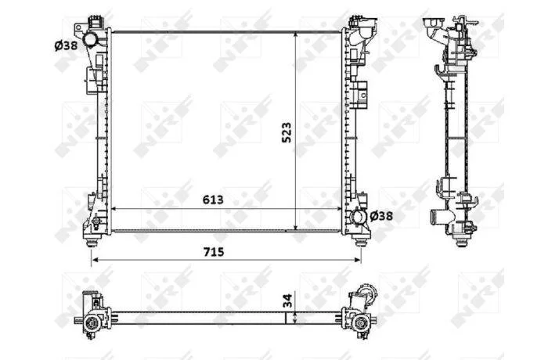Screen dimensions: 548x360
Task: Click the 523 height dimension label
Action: tap(287, 133)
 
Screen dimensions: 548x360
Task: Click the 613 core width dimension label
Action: tap(213, 200)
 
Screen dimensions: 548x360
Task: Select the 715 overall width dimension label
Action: tap(214, 252)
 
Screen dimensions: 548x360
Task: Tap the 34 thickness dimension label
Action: tap(287, 300)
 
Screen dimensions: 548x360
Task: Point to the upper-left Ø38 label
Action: tap(66, 45)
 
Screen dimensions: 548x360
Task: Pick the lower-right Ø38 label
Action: tap(381, 216)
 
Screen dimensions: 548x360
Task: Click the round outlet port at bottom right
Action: tap(358, 218)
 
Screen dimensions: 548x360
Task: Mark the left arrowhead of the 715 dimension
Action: tap(95, 260)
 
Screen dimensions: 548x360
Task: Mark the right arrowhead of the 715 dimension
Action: tap(358, 260)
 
